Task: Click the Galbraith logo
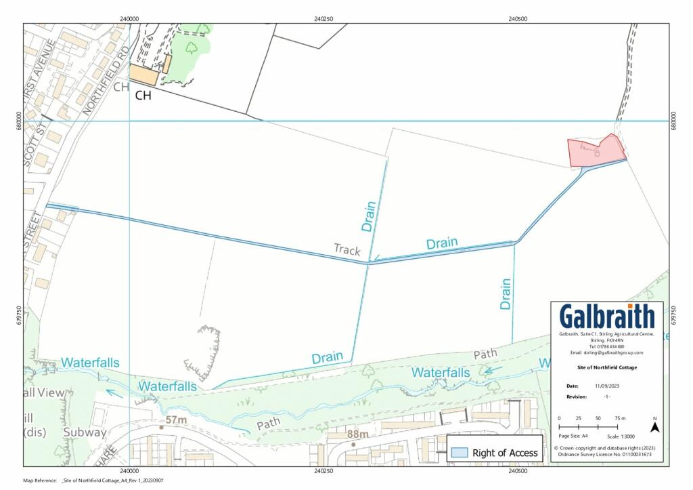607,317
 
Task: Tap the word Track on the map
347,249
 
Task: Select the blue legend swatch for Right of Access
460,453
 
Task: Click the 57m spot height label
175,420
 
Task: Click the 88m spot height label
358,434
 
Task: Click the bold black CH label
143,96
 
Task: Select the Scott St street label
28,144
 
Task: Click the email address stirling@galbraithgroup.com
607,352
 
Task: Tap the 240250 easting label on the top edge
323,19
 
